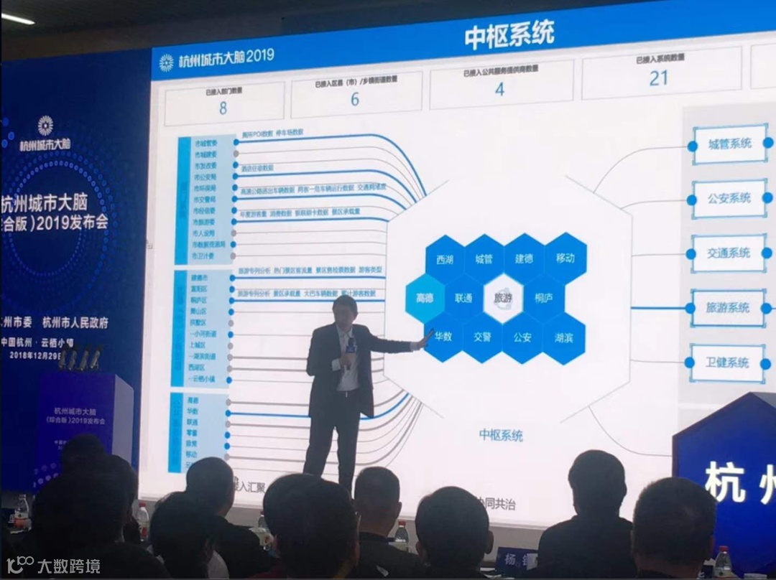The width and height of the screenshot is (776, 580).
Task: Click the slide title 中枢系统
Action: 509,37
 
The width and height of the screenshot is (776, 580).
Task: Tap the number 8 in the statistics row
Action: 223,108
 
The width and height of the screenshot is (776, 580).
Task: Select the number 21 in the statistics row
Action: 658,78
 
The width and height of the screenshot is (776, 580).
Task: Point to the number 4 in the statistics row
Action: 500,90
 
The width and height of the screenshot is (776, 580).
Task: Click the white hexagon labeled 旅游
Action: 502,298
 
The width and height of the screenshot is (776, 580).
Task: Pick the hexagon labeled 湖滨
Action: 563,337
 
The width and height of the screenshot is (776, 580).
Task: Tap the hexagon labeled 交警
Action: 483,337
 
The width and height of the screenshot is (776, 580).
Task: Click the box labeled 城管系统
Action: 729,144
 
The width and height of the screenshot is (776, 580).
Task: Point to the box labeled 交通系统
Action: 729,253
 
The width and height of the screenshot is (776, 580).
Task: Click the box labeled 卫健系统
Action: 727,362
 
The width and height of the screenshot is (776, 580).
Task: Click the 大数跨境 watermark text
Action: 69,566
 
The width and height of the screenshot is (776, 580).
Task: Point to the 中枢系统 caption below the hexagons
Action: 501,436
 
